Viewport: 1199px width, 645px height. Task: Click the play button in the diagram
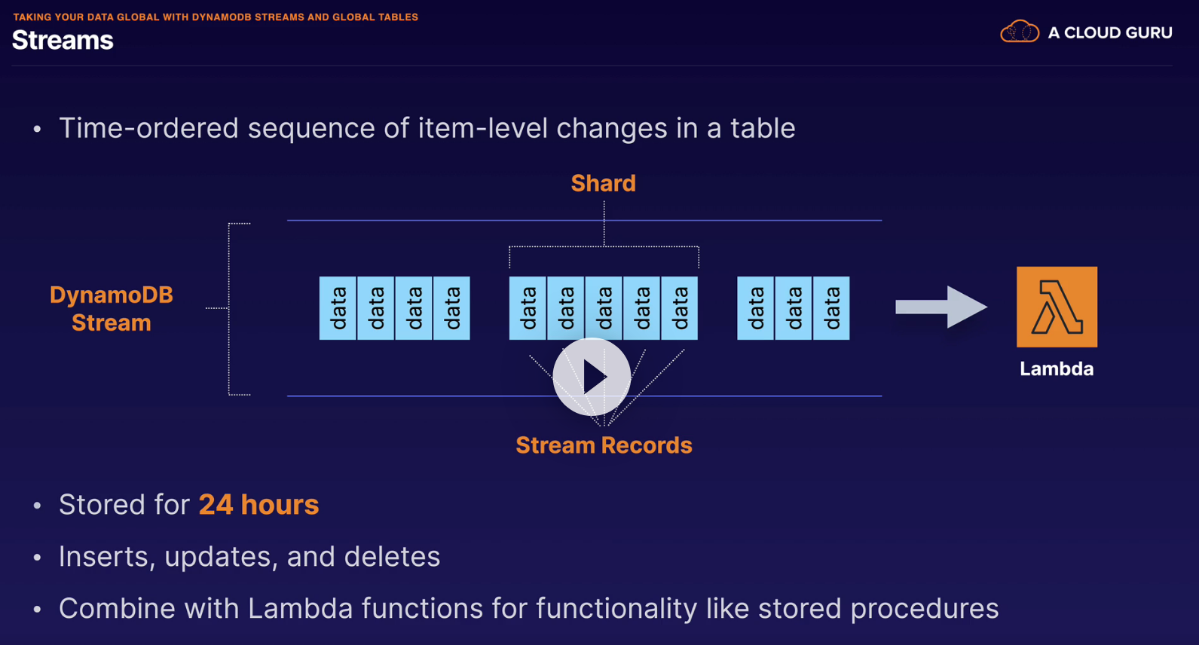pos(592,377)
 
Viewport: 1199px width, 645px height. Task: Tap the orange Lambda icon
pos(1057,307)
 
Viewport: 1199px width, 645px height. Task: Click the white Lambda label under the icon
pos(1057,368)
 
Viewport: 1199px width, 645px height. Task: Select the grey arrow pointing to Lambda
pos(941,307)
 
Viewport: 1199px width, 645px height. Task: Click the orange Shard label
pos(603,183)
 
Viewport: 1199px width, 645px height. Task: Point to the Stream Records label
pos(604,445)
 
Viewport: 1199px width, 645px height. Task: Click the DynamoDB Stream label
pos(112,308)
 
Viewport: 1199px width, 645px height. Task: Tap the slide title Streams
pos(63,40)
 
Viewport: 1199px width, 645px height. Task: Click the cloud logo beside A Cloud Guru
pos(1019,32)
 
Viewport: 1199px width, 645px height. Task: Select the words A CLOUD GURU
pos(1110,33)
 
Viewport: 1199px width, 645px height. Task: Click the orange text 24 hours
pos(258,505)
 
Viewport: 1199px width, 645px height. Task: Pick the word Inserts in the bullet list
pos(106,557)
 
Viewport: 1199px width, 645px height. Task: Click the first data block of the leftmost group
pos(338,308)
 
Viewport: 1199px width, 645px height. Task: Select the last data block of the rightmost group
pos(831,308)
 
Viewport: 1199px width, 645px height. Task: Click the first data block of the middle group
pos(528,308)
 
